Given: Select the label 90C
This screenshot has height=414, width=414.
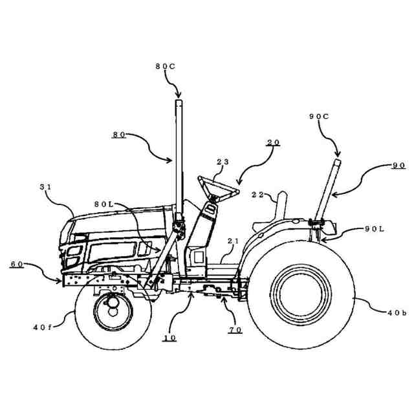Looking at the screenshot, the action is (x=319, y=116).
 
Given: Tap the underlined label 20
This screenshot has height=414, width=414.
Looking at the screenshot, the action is (x=273, y=142).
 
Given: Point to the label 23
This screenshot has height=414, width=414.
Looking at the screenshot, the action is (x=223, y=163).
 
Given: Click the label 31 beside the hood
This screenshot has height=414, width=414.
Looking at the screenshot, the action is (x=45, y=187).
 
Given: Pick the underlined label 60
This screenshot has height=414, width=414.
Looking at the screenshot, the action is (x=16, y=264).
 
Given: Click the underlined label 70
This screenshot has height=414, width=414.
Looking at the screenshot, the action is (x=234, y=330).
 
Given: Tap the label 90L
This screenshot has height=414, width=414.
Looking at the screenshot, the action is (x=374, y=228).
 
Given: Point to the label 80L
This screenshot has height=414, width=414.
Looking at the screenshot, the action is (x=104, y=204).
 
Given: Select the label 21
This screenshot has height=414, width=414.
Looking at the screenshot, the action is (x=233, y=241).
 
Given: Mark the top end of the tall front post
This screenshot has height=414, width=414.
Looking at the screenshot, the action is (x=179, y=101).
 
